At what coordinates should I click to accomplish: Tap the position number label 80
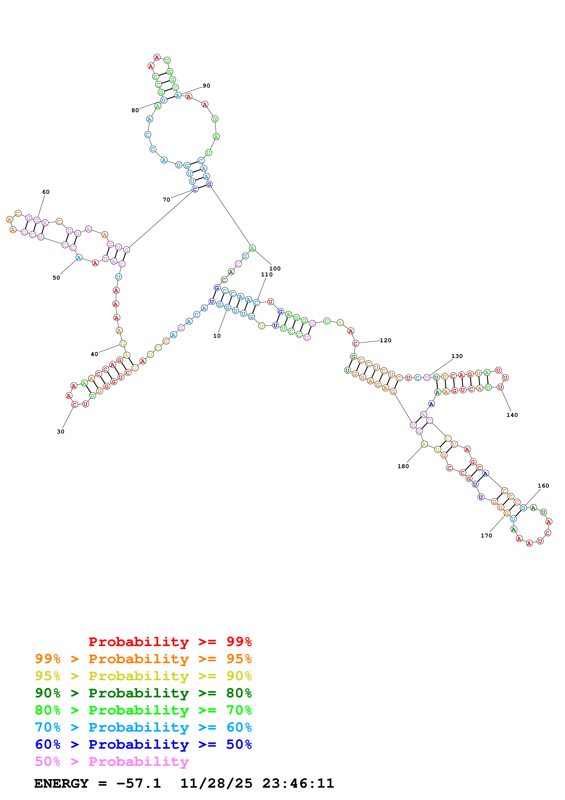pyautogui.click(x=135, y=110)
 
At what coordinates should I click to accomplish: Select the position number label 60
pyautogui.click(x=46, y=192)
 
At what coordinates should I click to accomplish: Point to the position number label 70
pyautogui.click(x=166, y=200)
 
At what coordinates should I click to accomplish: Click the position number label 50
pyautogui.click(x=56, y=278)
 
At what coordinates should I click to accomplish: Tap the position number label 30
pyautogui.click(x=61, y=431)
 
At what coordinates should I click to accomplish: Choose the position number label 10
pyautogui.click(x=217, y=336)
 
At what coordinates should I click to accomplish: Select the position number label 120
pyautogui.click(x=385, y=340)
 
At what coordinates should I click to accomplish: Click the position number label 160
pyautogui.click(x=543, y=486)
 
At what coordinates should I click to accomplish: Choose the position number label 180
pyautogui.click(x=403, y=466)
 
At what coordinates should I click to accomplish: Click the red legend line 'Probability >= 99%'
pyautogui.click(x=170, y=642)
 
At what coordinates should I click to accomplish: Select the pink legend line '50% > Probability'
pyautogui.click(x=112, y=761)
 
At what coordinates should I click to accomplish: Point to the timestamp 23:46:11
pyautogui.click(x=298, y=783)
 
